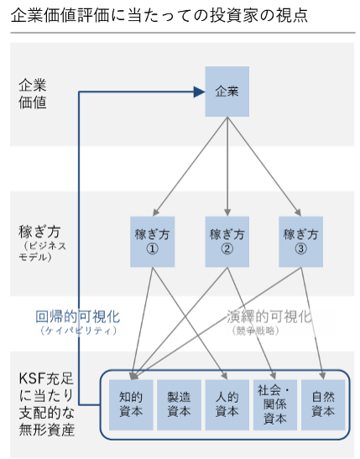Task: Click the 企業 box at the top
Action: coord(227,91)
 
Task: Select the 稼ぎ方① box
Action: coord(153,242)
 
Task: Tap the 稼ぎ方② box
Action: coord(227,242)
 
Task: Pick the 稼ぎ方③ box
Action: coord(300,242)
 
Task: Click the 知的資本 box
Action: coord(132,404)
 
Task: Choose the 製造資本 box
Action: coord(179,404)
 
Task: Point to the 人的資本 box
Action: coord(227,404)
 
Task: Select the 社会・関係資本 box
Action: coord(274,404)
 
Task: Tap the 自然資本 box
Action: coord(323,404)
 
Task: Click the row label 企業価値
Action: coord(32,93)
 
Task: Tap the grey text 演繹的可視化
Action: coord(269,317)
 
